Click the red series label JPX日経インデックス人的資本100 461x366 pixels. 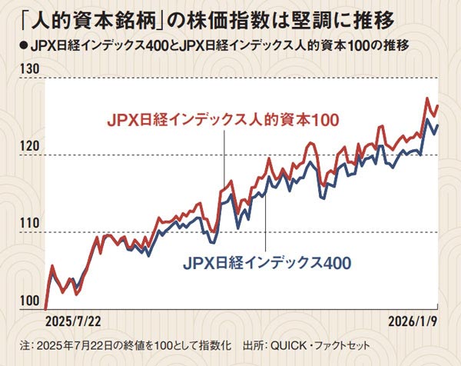(x=223, y=120)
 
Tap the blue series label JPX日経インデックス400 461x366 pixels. (x=267, y=262)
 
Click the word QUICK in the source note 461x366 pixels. (x=286, y=346)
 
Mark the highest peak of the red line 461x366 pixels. (x=426, y=98)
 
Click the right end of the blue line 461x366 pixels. (x=438, y=125)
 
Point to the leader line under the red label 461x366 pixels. (x=224, y=158)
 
